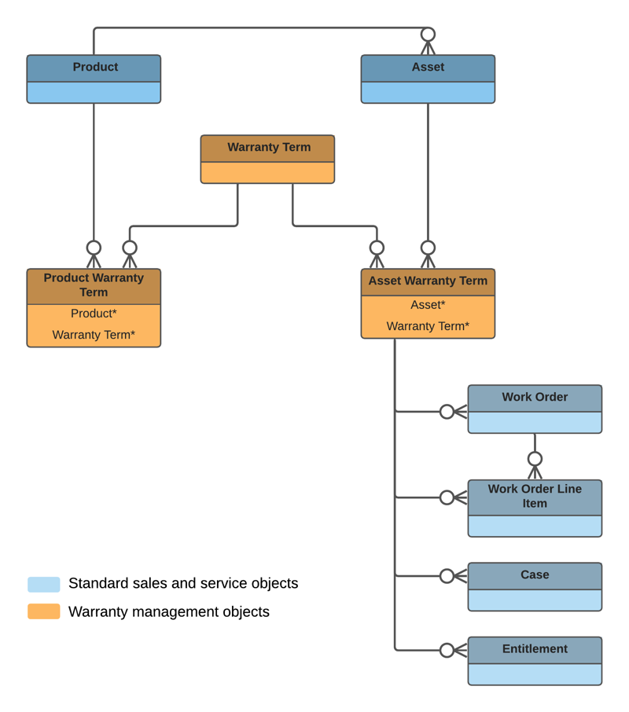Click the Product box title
click(94, 68)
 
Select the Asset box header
click(428, 68)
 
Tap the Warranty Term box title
click(268, 148)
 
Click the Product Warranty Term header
click(94, 285)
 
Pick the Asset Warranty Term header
click(428, 281)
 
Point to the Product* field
click(94, 314)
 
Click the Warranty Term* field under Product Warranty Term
click(94, 335)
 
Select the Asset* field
click(428, 305)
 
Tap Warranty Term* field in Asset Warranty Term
click(428, 326)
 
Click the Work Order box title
click(535, 398)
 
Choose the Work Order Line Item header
click(535, 496)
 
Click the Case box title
click(535, 575)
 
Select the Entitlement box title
click(535, 649)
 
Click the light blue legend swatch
click(44, 584)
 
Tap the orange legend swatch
click(44, 611)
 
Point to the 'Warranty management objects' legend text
click(168, 611)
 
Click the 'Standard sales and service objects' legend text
click(183, 584)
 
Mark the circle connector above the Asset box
click(428, 35)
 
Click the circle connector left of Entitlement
click(447, 651)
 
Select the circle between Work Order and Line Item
click(535, 459)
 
